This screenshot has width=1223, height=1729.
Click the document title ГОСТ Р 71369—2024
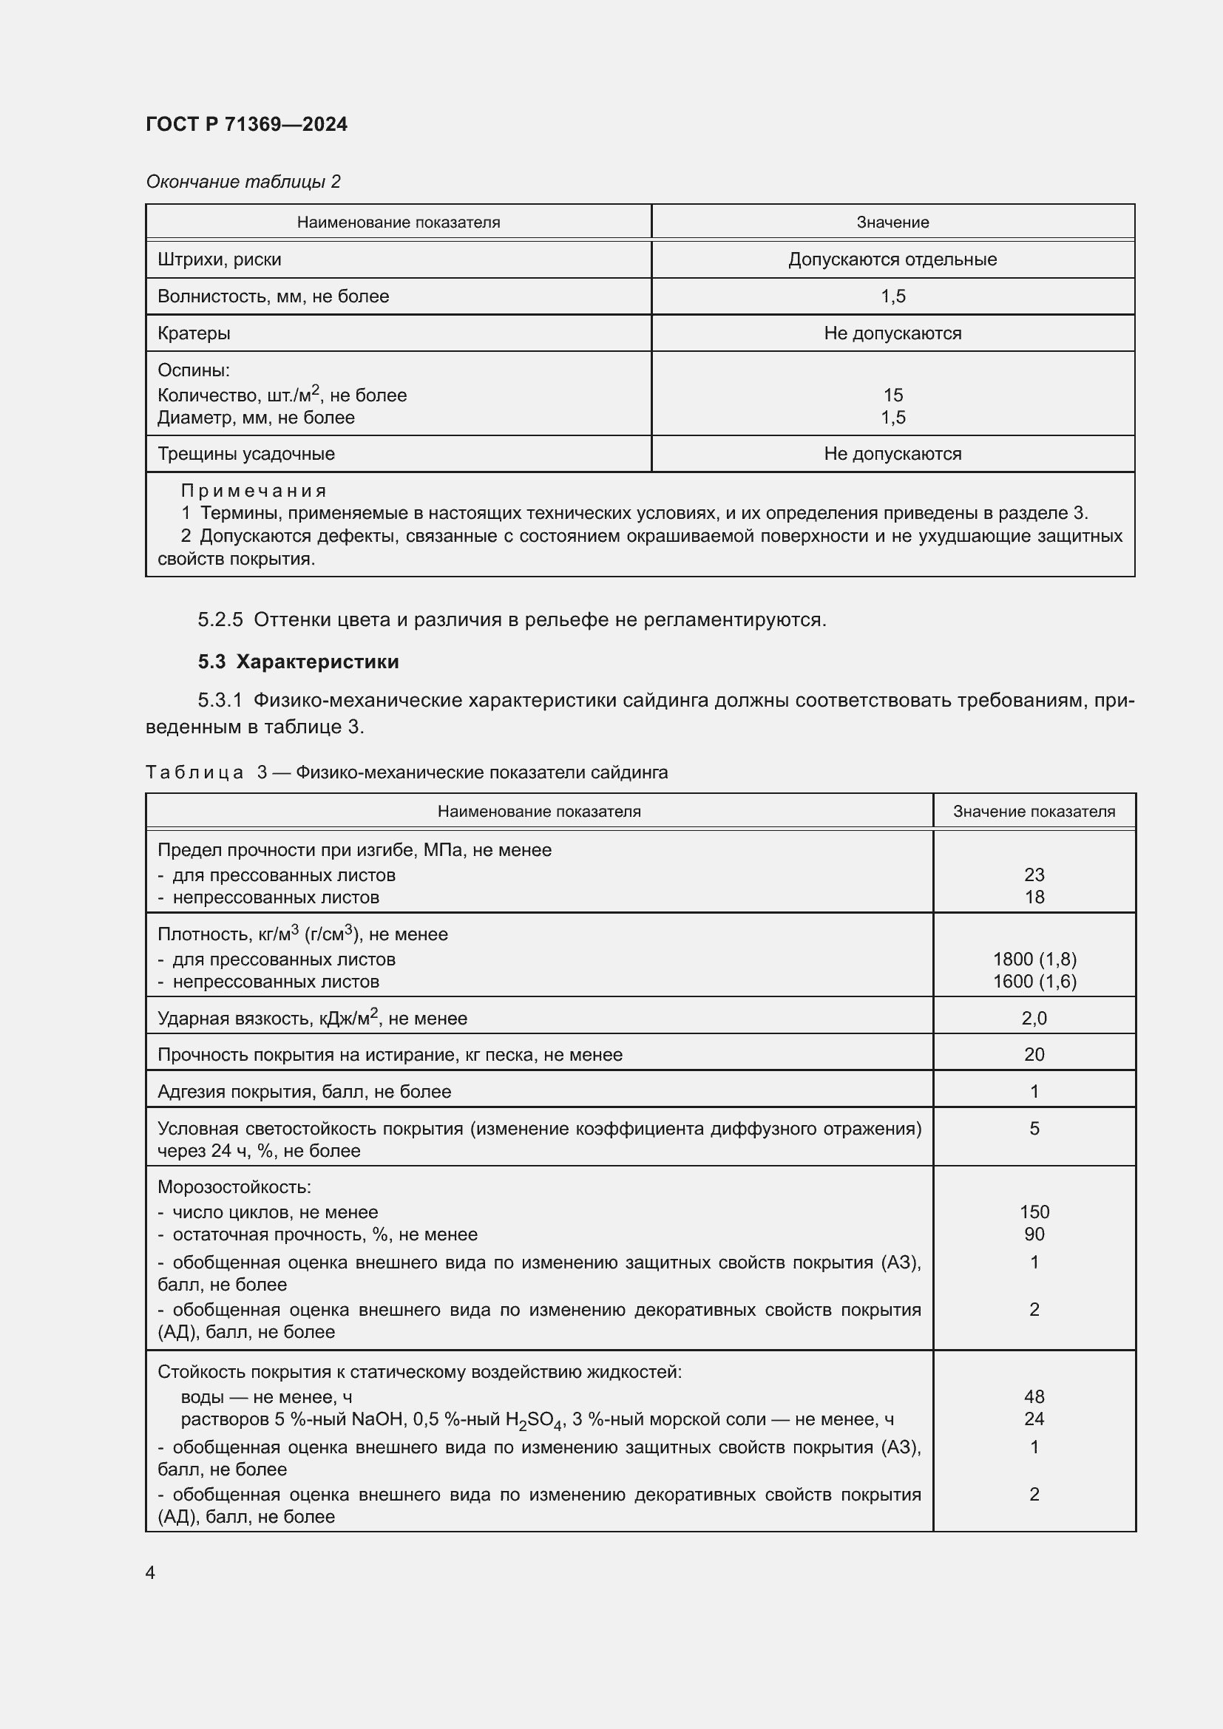pyautogui.click(x=246, y=124)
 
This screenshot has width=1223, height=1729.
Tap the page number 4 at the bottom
pyautogui.click(x=151, y=1572)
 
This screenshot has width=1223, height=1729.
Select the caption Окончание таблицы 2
pyautogui.click(x=243, y=182)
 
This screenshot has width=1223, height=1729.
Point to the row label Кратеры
pyautogui.click(x=194, y=333)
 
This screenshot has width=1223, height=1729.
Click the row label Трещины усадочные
pyautogui.click(x=245, y=453)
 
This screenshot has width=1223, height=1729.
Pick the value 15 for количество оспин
pyautogui.click(x=892, y=395)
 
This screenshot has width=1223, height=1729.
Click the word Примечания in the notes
pyautogui.click(x=253, y=491)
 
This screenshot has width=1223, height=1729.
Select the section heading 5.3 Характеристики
pyautogui.click(x=298, y=661)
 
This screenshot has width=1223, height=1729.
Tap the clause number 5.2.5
pyautogui.click(x=220, y=619)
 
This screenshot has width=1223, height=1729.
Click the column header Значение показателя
pyautogui.click(x=1033, y=811)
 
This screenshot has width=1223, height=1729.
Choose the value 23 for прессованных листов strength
pyautogui.click(x=1034, y=874)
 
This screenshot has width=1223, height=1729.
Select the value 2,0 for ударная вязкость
pyautogui.click(x=1034, y=1018)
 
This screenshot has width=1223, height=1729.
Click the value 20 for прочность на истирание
pyautogui.click(x=1034, y=1054)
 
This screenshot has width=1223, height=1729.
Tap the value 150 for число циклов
pyautogui.click(x=1034, y=1212)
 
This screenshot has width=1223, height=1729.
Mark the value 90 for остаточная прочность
pyautogui.click(x=1034, y=1234)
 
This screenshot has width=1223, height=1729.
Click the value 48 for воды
pyautogui.click(x=1034, y=1396)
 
